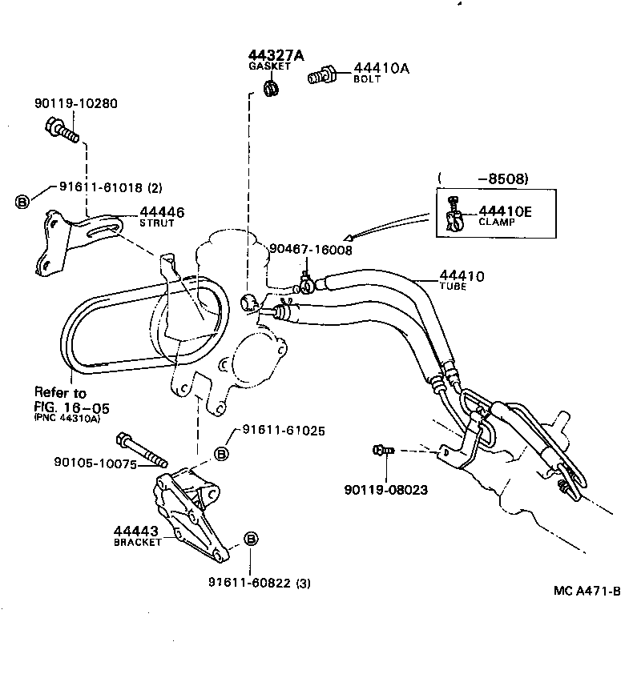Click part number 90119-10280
(75, 103)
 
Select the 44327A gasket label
(276, 55)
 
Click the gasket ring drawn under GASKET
(270, 83)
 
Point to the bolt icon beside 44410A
(321, 75)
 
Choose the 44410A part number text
(381, 69)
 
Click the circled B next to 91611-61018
(23, 200)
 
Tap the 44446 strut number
(162, 212)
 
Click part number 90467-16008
(310, 249)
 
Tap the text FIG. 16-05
(71, 407)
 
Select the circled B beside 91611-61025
(220, 454)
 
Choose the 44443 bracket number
(135, 531)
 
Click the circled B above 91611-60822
(250, 540)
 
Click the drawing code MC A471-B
(587, 591)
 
